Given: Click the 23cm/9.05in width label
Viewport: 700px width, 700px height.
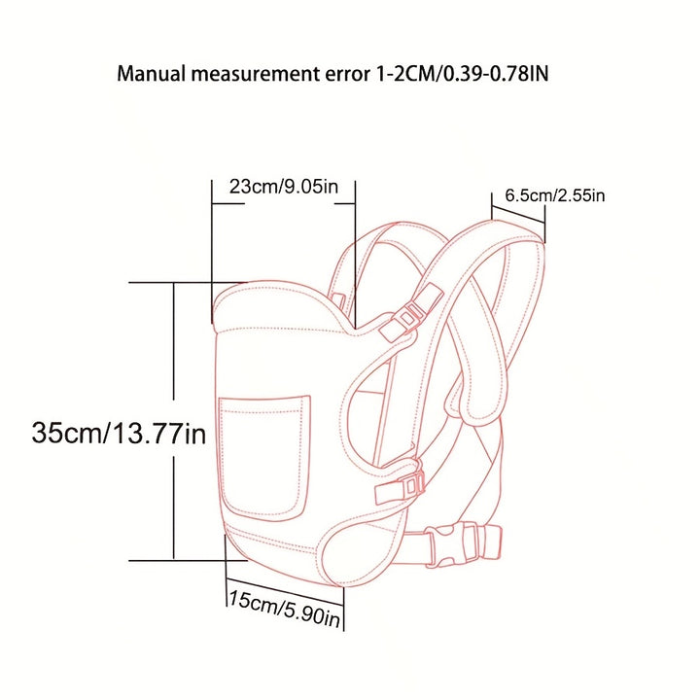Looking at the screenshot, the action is click(x=284, y=186).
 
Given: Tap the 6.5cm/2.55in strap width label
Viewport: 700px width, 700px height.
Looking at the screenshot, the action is click(x=555, y=195).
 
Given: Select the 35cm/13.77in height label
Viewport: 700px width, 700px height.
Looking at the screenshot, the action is click(x=119, y=433).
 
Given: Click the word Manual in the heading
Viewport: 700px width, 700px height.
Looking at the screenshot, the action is click(x=151, y=73).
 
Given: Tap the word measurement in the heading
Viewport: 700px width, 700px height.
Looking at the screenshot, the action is click(x=256, y=74).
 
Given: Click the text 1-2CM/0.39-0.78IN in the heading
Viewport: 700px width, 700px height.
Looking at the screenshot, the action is click(x=460, y=74).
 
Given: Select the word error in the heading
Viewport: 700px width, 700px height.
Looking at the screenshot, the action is click(x=345, y=75).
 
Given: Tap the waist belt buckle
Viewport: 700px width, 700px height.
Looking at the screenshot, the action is click(x=463, y=544).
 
